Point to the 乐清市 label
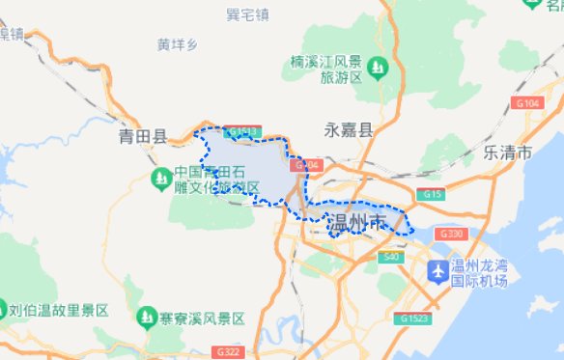coord(507,152)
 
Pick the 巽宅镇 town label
coord(246,14)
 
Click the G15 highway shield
coord(431,195)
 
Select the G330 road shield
coord(451,235)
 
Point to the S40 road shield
coord(390,257)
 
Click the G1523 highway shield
coord(412,318)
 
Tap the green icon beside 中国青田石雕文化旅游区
coord(160,179)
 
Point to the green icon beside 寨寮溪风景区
coord(147,316)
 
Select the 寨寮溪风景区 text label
coord(204,318)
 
